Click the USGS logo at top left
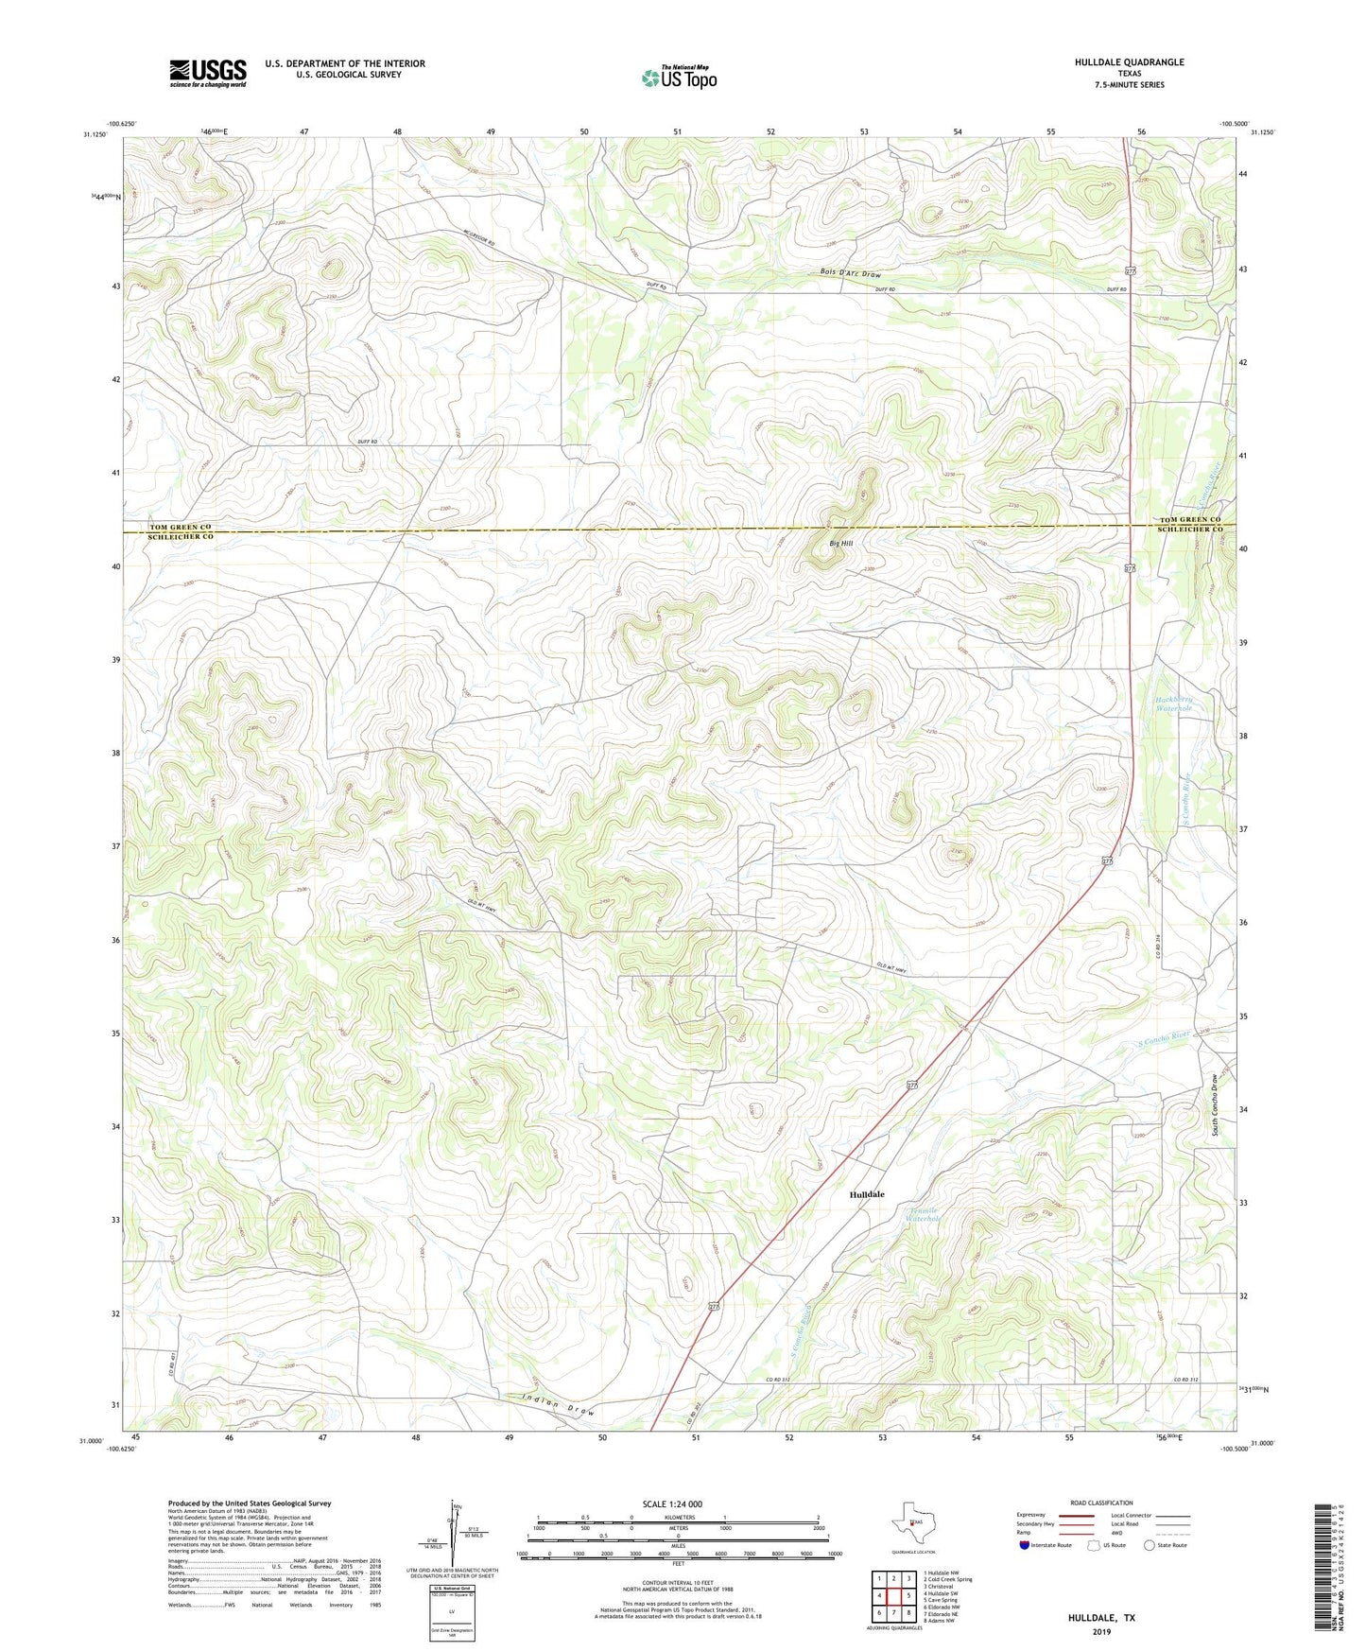(x=208, y=73)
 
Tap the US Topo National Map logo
(x=679, y=78)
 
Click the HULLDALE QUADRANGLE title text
(x=1129, y=62)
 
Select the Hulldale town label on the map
(x=867, y=1194)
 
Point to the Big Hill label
(x=840, y=543)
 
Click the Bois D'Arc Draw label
(x=850, y=274)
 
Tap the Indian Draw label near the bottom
(x=558, y=1404)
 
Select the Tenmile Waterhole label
(x=922, y=1214)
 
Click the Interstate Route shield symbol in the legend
(x=1025, y=1545)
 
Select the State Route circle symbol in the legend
(x=1150, y=1545)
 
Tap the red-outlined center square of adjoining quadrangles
(x=893, y=1595)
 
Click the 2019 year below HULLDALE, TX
(x=1101, y=1632)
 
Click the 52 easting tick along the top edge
(x=771, y=131)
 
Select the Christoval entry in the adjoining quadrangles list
(x=941, y=1587)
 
